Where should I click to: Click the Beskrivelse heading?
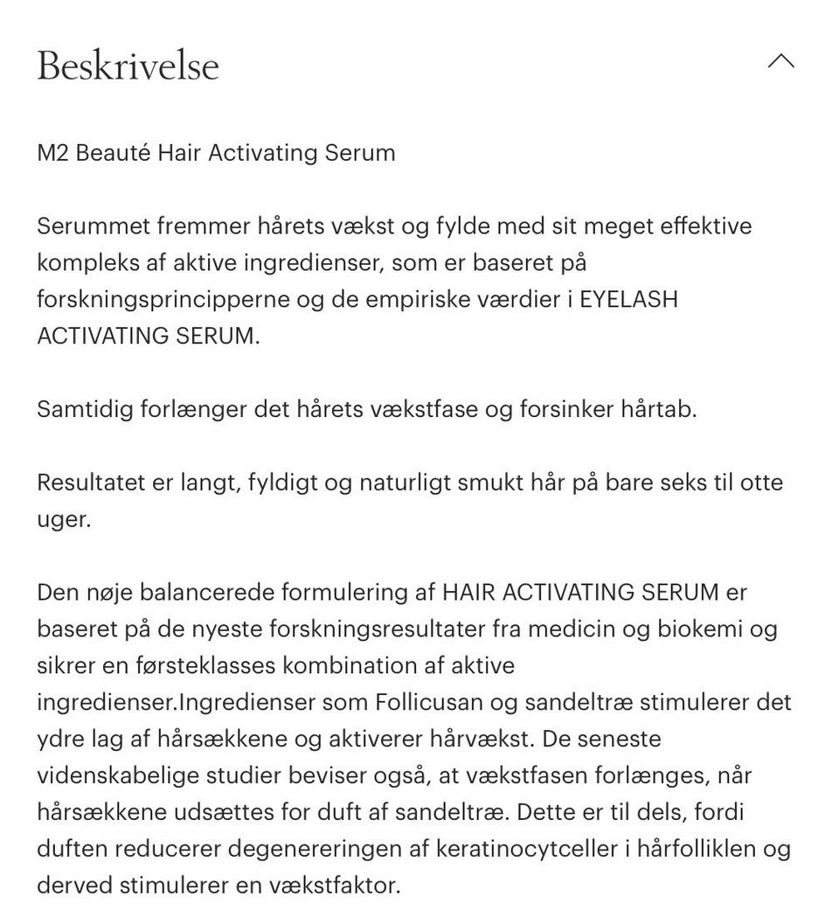[128, 66]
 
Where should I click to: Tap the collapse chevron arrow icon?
[780, 61]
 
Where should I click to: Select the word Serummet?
[94, 227]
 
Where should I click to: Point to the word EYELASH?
[628, 300]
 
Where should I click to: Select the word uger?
[63, 520]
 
